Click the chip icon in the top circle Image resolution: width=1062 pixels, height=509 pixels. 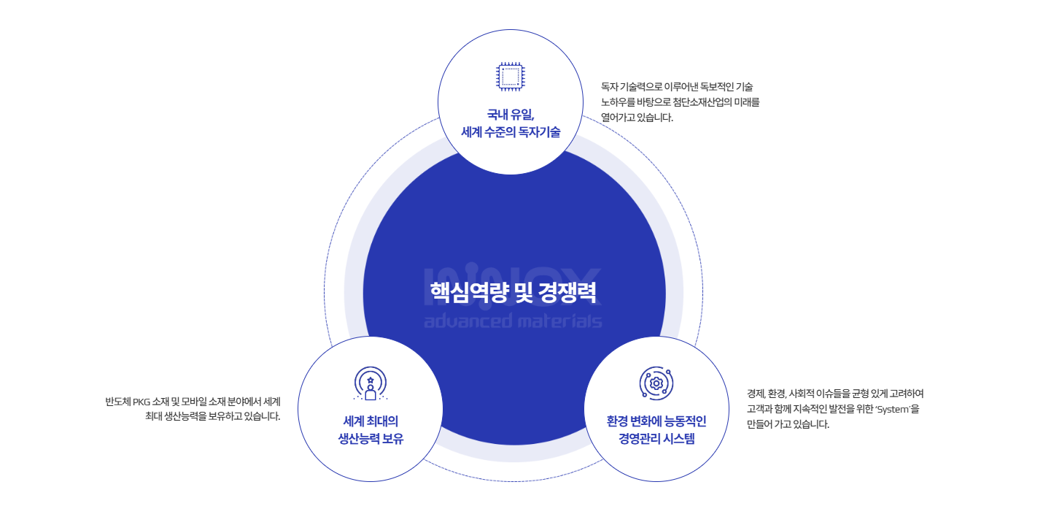pyautogui.click(x=510, y=77)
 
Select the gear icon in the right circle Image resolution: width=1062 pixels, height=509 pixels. pyautogui.click(x=656, y=383)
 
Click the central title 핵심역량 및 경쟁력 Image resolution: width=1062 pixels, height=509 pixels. pyautogui.click(x=513, y=291)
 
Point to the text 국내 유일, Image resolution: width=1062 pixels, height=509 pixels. pyautogui.click(x=511, y=114)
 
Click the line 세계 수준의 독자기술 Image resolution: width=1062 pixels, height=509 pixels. pyautogui.click(x=511, y=132)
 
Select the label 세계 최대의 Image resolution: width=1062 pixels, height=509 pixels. pyautogui.click(x=371, y=421)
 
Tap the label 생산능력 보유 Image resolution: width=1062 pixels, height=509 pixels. pyautogui.click(x=371, y=439)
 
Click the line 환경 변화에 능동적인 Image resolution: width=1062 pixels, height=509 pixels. pyautogui.click(x=656, y=421)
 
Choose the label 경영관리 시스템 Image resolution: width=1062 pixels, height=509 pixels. pyautogui.click(x=656, y=439)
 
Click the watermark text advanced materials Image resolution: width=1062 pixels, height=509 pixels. pyautogui.click(x=513, y=321)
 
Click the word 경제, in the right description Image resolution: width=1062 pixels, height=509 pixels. pyautogui.click(x=759, y=394)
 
